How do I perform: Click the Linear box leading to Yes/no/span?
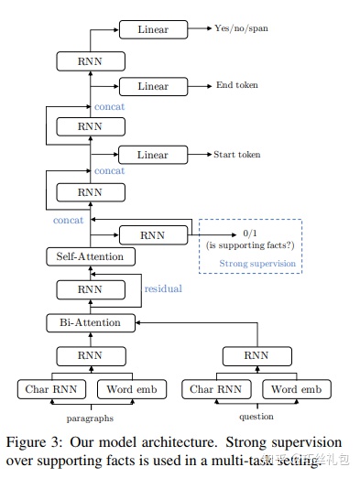(153, 29)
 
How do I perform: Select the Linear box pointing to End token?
(153, 86)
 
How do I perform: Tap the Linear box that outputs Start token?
(153, 155)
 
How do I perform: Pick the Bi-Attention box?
(90, 322)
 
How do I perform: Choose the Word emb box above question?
(296, 389)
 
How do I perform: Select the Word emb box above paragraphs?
(131, 389)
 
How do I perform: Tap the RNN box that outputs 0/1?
(153, 234)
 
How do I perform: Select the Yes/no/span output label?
(242, 29)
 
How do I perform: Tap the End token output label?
(237, 86)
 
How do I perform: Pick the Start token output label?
(237, 155)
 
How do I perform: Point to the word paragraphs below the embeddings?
(90, 418)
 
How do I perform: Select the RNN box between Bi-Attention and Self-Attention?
(90, 289)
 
